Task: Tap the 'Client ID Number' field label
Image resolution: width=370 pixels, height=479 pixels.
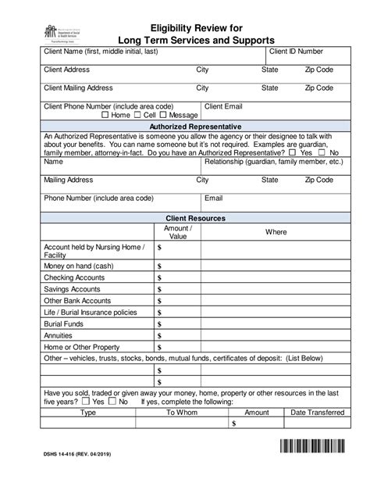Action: [x=296, y=51]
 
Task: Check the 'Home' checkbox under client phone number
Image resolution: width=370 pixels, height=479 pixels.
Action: [x=106, y=115]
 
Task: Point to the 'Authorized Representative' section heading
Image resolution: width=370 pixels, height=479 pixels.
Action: [x=194, y=127]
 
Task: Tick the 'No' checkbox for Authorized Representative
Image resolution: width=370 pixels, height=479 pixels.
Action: [x=323, y=153]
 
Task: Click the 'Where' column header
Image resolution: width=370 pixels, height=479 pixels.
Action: [x=276, y=232]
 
